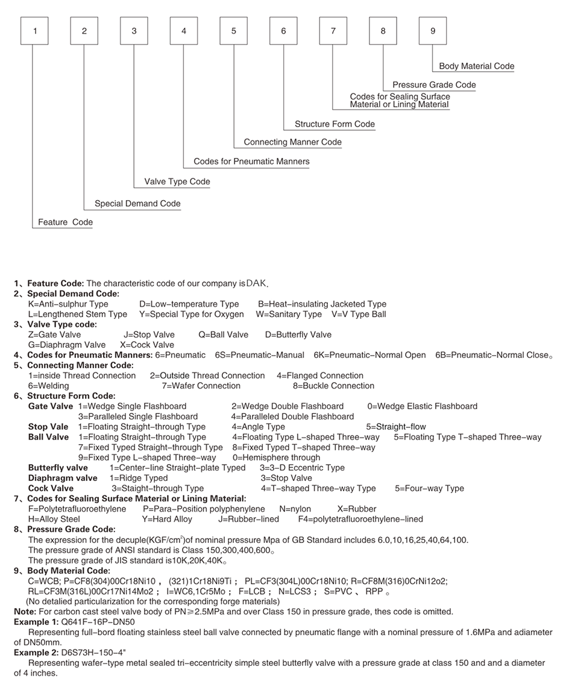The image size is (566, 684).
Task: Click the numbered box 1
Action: point(35,31)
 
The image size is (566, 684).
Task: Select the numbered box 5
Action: point(234,31)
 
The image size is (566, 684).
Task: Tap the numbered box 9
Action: point(433,31)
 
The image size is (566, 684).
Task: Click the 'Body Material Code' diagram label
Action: point(476,66)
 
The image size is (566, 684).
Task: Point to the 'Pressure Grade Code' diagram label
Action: point(434,85)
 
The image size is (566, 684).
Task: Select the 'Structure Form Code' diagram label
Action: point(335,124)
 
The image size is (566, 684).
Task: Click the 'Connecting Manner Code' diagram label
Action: point(292,142)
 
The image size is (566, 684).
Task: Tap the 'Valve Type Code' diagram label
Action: point(177,181)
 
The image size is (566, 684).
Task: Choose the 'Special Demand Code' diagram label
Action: point(137,204)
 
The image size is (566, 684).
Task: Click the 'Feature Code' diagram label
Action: point(65,222)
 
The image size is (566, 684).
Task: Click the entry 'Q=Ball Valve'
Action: point(223,334)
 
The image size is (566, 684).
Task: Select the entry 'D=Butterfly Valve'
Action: point(298,334)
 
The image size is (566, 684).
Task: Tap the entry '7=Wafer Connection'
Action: point(201,386)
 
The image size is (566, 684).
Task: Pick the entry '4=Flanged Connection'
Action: point(320,375)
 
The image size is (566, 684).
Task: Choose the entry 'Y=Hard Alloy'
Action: point(167,519)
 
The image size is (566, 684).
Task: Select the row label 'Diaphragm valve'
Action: point(63,478)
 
